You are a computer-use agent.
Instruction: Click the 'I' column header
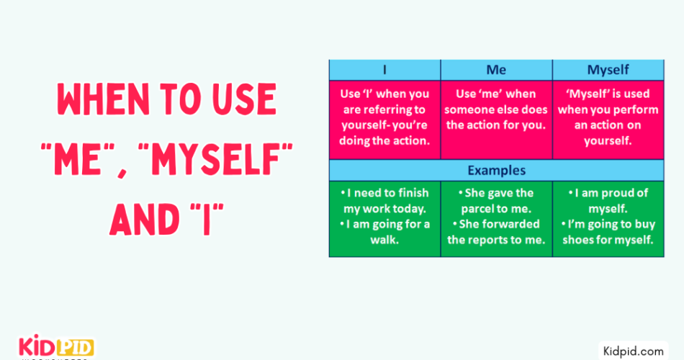click(384, 70)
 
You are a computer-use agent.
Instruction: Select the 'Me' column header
click(496, 70)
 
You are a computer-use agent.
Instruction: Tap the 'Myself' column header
click(608, 70)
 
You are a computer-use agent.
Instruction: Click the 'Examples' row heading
click(496, 171)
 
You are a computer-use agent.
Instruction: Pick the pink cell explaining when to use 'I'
click(384, 117)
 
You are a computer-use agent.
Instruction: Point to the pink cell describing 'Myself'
click(608, 117)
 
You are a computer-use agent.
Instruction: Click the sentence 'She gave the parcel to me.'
click(496, 201)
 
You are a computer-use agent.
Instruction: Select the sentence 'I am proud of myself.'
click(608, 201)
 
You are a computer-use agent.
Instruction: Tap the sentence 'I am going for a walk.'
click(384, 232)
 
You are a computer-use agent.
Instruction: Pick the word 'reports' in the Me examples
click(494, 240)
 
